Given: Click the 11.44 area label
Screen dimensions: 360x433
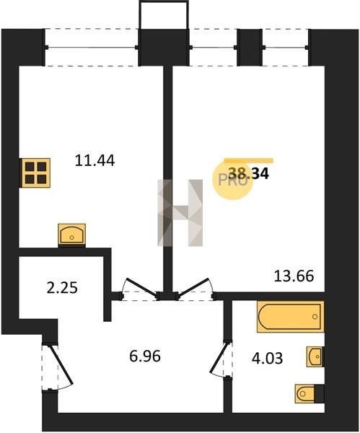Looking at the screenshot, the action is coord(95,161).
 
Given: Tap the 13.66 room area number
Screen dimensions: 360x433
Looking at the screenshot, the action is coord(294,276).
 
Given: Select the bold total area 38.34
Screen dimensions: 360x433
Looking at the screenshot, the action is coord(249,174).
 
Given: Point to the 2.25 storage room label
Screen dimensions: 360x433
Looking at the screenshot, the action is coord(62,289).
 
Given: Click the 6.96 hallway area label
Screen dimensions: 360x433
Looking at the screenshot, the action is coord(145,357).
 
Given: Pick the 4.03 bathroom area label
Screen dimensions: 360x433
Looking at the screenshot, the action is coord(267,359).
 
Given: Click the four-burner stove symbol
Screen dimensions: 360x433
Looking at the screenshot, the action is coord(35,173).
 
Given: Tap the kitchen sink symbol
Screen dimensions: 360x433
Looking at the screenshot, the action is coord(71,235).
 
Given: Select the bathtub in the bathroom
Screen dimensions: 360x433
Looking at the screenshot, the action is coord(291,317).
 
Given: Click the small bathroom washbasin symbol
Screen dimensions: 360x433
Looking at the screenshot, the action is coord(315,357).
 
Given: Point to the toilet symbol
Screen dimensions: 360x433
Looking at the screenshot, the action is coord(307,393).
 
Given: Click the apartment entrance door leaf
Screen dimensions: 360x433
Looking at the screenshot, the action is coord(61,364).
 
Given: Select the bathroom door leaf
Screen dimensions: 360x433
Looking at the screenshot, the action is coord(220,357).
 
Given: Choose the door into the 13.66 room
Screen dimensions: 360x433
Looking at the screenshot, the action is coord(193,288).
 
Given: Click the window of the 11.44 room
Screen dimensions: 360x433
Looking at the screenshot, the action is coord(92,48).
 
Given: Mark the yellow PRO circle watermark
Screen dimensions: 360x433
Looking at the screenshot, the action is coord(233,180).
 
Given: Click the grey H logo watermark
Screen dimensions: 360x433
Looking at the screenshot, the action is coord(180,213).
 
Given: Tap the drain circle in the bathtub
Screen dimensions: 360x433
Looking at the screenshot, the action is coord(315,317).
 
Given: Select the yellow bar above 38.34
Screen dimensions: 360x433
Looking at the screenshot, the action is coord(248,161).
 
